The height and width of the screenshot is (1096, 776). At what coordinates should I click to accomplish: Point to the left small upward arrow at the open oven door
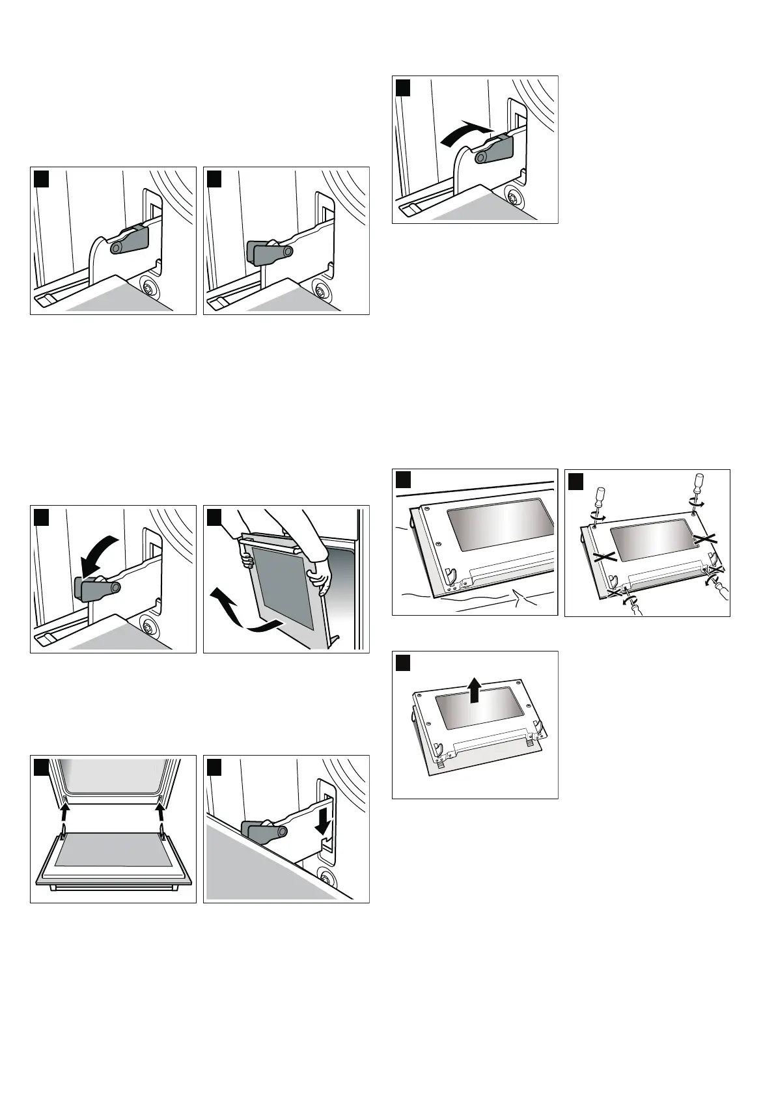point(65,813)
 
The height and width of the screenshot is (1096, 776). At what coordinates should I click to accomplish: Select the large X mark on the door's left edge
point(604,556)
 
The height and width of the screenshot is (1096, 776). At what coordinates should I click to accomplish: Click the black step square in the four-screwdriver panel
point(575,481)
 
